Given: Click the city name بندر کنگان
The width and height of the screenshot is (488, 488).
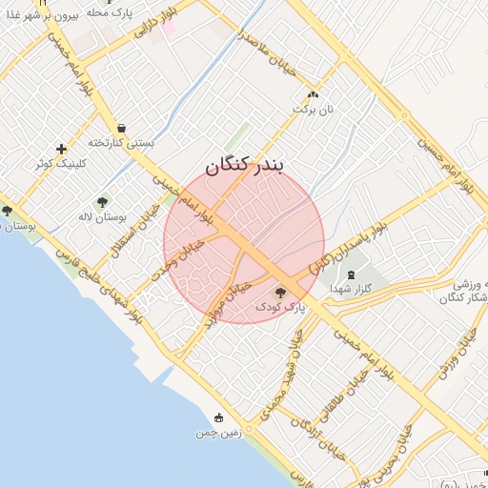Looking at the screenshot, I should point(245,167).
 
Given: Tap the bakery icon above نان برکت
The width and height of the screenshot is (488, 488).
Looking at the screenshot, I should point(314,95).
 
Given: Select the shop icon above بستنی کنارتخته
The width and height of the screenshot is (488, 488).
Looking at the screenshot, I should point(121,128).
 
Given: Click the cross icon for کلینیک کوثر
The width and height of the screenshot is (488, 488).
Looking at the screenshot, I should point(62,149).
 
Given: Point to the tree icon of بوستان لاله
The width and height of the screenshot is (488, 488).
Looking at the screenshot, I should point(102,202).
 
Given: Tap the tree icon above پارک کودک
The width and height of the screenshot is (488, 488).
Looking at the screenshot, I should point(279,293).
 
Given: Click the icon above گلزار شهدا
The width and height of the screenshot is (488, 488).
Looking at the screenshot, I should point(352,274).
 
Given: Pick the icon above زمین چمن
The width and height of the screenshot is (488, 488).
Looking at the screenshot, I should point(218,417).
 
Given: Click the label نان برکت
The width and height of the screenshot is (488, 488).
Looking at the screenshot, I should point(315,111).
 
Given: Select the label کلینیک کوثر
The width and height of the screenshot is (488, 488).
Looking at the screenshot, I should point(59,163).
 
